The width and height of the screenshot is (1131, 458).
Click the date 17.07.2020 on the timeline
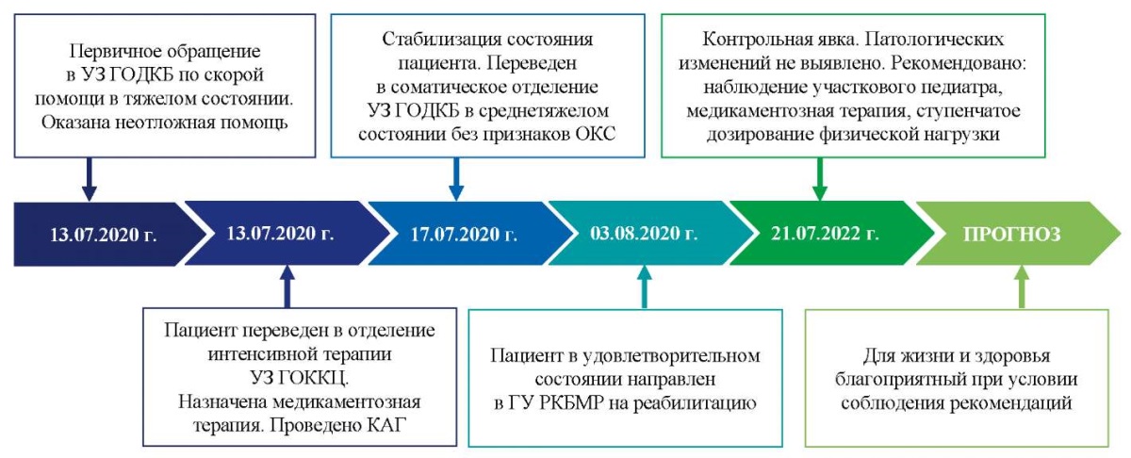coord(464,235)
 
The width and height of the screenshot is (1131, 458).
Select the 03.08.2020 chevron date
coord(644,234)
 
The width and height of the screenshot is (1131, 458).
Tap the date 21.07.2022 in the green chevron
coord(825,234)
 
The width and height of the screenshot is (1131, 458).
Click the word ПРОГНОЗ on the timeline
coord(1012,235)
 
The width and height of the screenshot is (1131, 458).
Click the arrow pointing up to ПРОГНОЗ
coord(1022,286)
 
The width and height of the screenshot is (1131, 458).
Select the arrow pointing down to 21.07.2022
coord(819,179)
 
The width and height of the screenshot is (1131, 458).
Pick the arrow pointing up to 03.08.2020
coord(645,286)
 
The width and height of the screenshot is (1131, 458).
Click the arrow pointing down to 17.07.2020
coord(456,179)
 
